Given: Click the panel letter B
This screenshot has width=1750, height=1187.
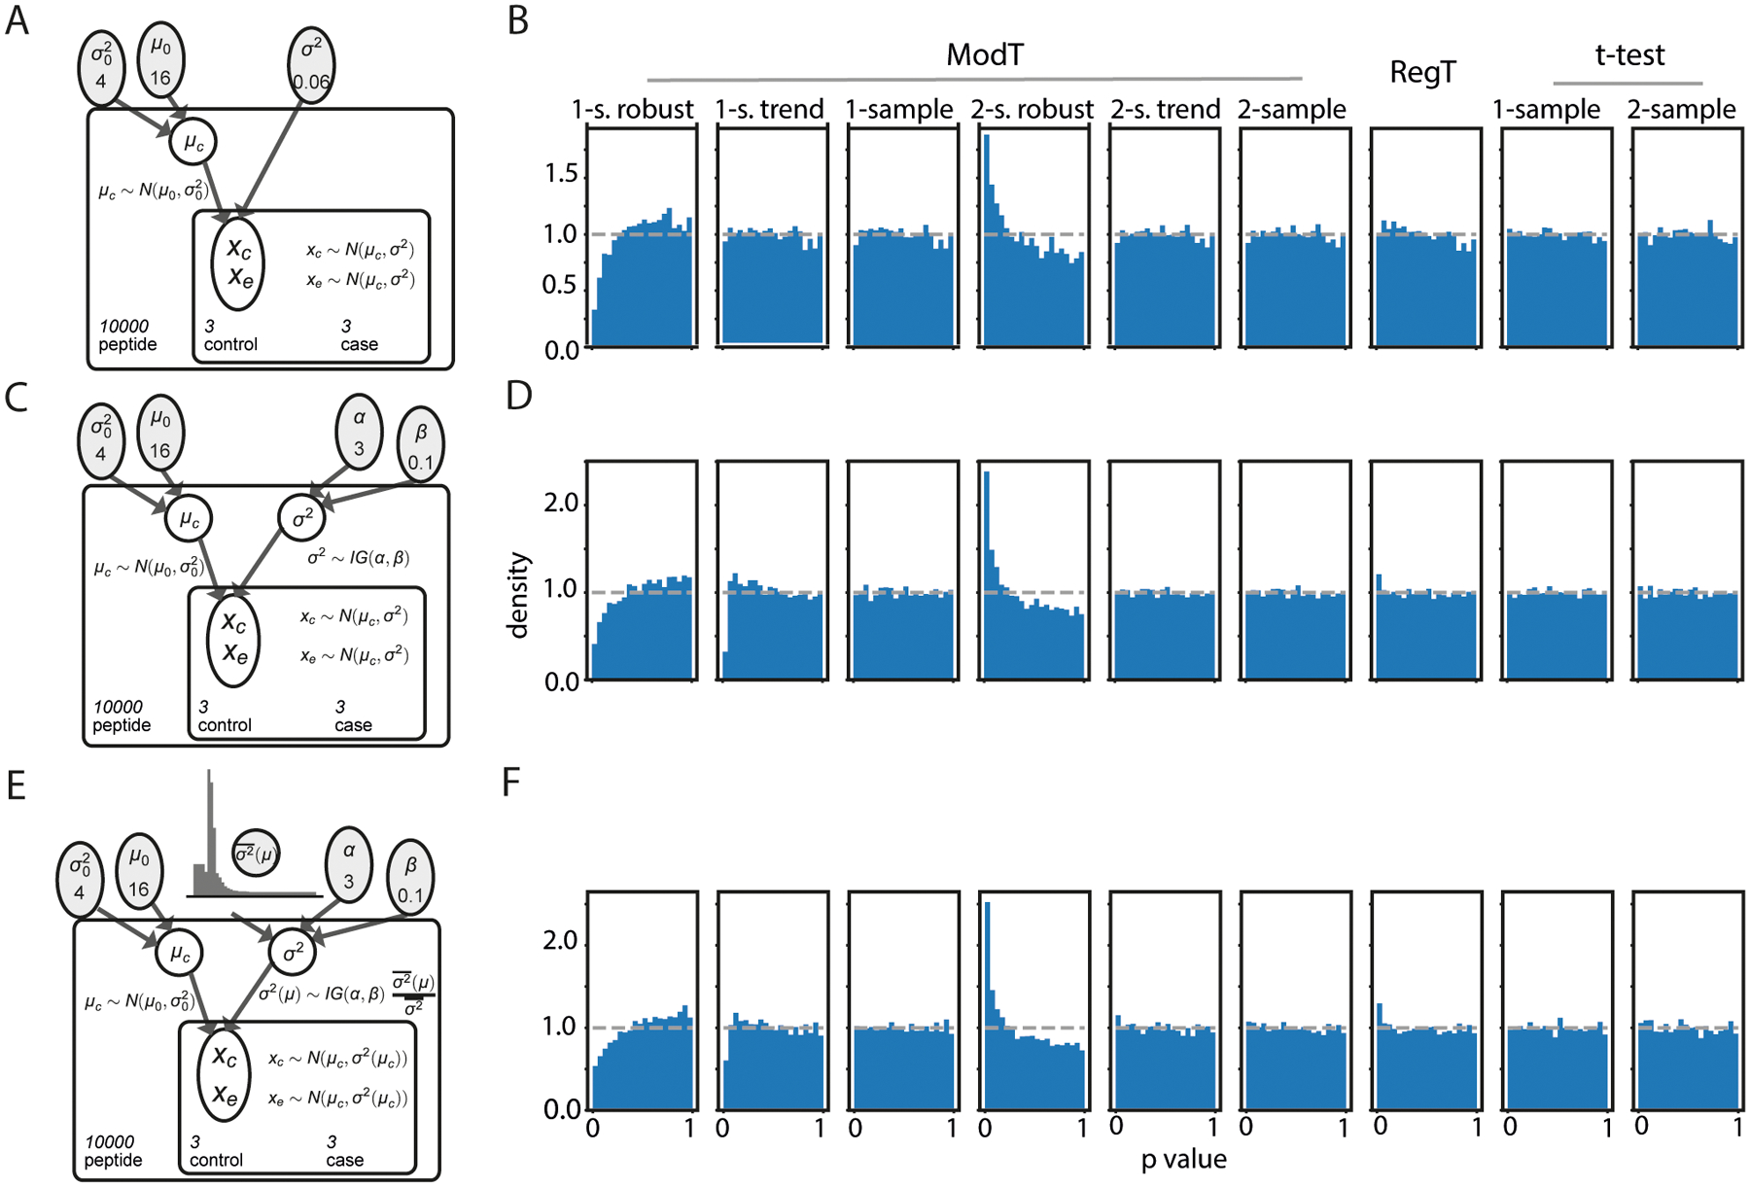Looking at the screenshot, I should tap(518, 21).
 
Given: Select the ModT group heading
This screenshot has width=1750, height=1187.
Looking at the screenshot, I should tap(984, 55).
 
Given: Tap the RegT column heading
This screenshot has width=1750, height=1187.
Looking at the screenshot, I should tap(1422, 72).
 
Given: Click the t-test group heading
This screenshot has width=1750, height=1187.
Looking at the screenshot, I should tap(1629, 55).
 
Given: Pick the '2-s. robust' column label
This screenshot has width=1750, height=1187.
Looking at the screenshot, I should tap(1032, 110).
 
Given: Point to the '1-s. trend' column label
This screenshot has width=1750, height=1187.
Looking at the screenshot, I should tap(769, 110).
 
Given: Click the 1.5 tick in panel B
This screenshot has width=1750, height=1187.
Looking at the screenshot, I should tap(561, 174).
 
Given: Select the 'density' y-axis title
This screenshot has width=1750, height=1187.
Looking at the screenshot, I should tap(518, 595).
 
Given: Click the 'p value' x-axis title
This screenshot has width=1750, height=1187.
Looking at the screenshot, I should tap(1183, 1160).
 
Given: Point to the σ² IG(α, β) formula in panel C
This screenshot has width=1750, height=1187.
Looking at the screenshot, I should tap(358, 558).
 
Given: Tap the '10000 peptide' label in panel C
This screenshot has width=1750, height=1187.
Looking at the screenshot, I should tap(122, 716).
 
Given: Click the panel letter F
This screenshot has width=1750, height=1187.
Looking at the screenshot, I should tap(511, 784).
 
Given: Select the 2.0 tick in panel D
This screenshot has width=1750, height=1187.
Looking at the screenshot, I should tap(561, 504).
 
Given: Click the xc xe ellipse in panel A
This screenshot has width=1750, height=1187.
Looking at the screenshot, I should tap(238, 262).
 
